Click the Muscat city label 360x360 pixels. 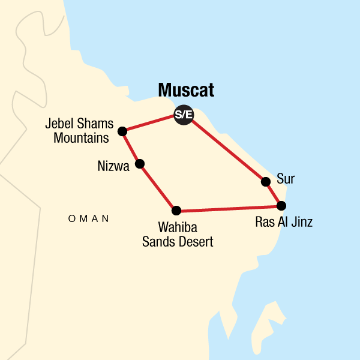tap(186, 91)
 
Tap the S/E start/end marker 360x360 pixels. tap(183, 115)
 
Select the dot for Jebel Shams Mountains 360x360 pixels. tap(122, 131)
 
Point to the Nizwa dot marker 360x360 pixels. tap(140, 163)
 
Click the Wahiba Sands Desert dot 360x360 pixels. tap(176, 210)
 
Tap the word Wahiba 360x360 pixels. tap(176, 229)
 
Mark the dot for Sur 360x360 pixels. tap(266, 181)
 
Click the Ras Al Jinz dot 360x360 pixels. tap(281, 206)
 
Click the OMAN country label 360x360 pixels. tap(89, 219)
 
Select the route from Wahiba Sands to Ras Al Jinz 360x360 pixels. tap(228, 208)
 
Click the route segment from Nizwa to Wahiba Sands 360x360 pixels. tap(158, 187)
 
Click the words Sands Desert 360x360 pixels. tap(176, 242)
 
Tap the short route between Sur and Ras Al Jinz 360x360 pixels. tap(274, 193)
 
